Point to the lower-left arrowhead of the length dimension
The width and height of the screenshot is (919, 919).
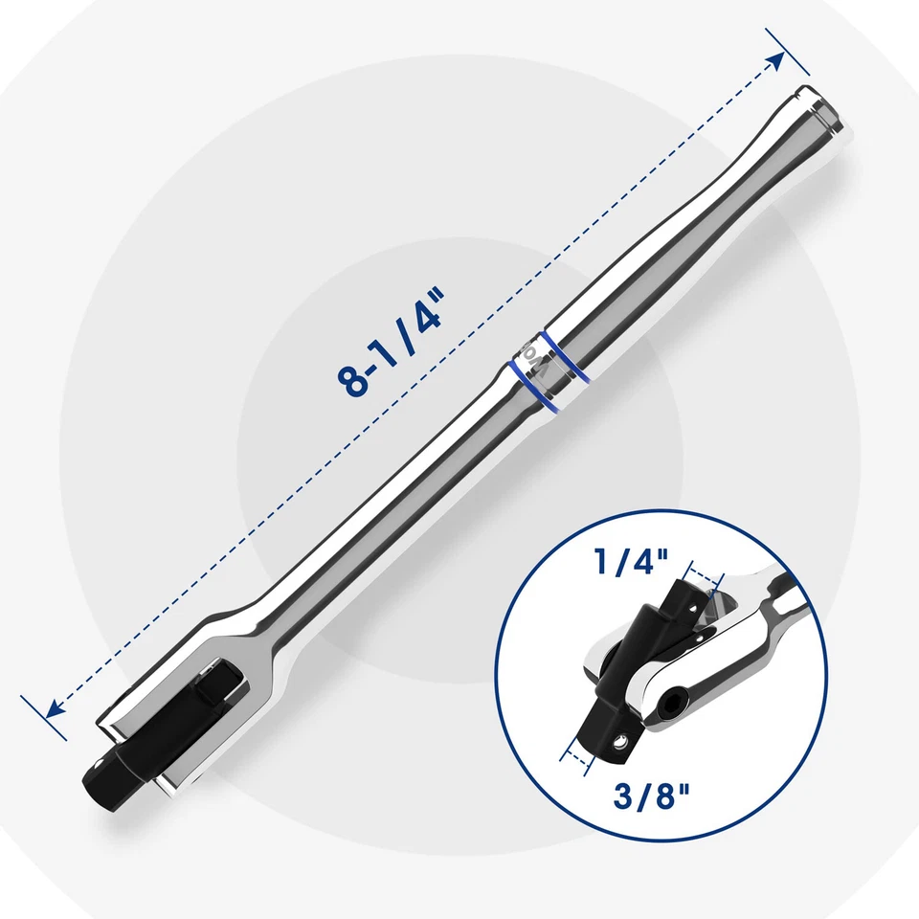click(54, 709)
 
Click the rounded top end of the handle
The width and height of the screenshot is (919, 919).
click(820, 107)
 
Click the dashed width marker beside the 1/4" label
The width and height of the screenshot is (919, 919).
click(704, 580)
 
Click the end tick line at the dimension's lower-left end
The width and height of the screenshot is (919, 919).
click(43, 718)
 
